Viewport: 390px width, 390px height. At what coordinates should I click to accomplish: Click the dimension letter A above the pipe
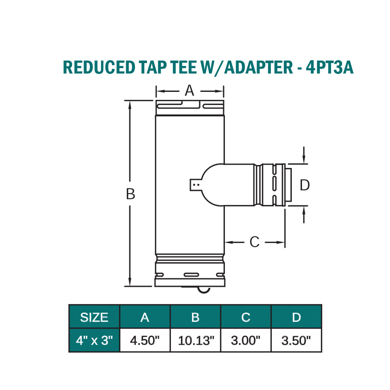coord(189,91)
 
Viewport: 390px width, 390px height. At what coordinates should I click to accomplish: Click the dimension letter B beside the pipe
coord(130,194)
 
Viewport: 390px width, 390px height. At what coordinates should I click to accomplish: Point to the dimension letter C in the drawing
coord(254,242)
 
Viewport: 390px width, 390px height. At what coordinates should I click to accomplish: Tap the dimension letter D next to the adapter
coord(305,185)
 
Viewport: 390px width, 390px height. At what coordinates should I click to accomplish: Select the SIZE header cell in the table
coord(94,317)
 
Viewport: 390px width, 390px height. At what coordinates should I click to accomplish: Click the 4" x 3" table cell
coord(94,340)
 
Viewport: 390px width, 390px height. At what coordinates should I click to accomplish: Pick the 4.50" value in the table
coord(145,340)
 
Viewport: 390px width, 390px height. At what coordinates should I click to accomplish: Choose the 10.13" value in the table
coord(195,340)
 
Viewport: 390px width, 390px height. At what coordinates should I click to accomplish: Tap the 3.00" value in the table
coord(246,340)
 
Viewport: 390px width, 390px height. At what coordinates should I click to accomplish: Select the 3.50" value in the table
coord(296,340)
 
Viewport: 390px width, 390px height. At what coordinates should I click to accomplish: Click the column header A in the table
coord(145,317)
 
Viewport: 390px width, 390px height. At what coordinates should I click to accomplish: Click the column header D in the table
coord(296,317)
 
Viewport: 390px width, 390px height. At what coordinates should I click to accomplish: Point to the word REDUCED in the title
coord(97,67)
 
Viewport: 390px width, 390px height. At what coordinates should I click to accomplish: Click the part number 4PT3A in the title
coord(329,67)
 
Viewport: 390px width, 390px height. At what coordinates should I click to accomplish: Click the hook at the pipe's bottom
coord(204,290)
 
